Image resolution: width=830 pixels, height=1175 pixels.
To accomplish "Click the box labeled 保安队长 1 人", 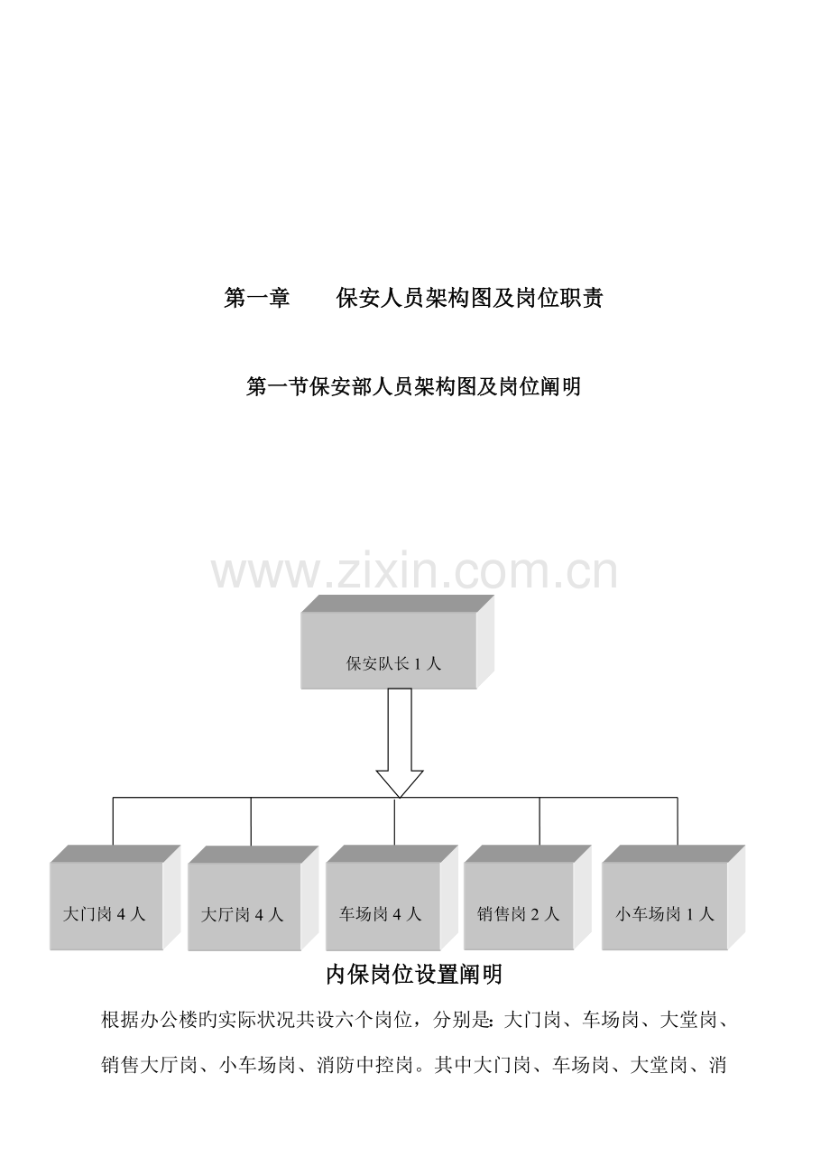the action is (397, 642).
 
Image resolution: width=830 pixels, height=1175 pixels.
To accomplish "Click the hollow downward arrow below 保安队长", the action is (400, 743).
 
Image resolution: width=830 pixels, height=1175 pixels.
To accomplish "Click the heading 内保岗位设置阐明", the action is (414, 975).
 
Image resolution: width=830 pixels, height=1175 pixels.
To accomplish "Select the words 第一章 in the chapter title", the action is (257, 298).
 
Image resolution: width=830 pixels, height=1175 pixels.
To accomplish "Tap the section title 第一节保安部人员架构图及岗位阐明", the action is (414, 386).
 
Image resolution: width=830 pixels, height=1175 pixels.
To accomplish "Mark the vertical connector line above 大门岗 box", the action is (114, 821).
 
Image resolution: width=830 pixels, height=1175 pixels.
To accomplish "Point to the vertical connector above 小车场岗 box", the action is (678, 821).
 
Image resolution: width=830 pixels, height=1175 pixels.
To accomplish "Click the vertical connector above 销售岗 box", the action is (539, 821).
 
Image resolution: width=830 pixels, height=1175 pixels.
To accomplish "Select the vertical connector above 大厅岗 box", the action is (251, 821).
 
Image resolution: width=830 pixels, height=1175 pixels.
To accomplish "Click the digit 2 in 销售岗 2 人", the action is (535, 914).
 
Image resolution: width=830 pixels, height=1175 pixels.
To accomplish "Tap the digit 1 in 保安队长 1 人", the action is (418, 663).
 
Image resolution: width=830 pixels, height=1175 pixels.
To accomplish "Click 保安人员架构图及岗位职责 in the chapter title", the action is (469, 298).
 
